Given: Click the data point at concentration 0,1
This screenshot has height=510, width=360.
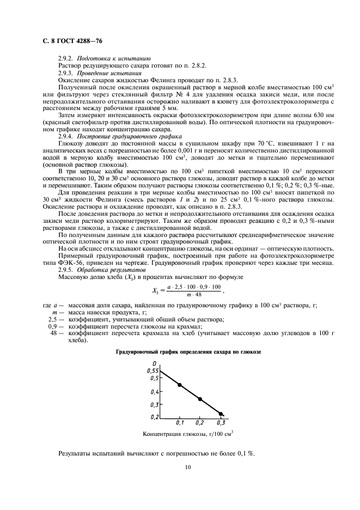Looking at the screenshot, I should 180,385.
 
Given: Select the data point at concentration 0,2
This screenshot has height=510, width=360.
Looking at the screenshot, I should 200,399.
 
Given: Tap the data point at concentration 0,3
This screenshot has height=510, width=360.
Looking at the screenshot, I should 221,414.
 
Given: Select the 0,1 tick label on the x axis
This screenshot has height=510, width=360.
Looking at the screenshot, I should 180,423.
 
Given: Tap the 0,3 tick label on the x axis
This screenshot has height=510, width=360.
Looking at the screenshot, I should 220,423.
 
